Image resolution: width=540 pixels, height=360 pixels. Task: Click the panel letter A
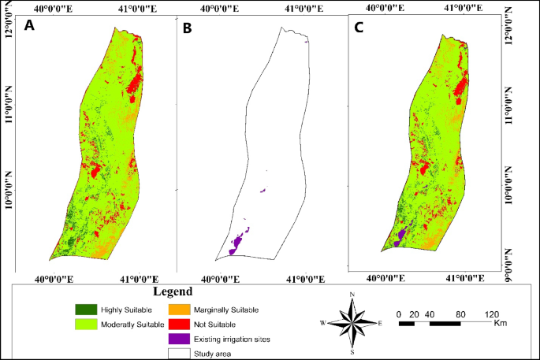pos(29,26)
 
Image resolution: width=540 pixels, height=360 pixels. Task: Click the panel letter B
pos(187,29)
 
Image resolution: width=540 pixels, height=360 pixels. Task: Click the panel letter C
pos(359,27)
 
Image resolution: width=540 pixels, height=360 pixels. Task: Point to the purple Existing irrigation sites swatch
pos(181,339)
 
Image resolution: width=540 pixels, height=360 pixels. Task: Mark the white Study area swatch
pos(181,353)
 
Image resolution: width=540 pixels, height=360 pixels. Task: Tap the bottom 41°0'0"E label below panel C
pos(465,277)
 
